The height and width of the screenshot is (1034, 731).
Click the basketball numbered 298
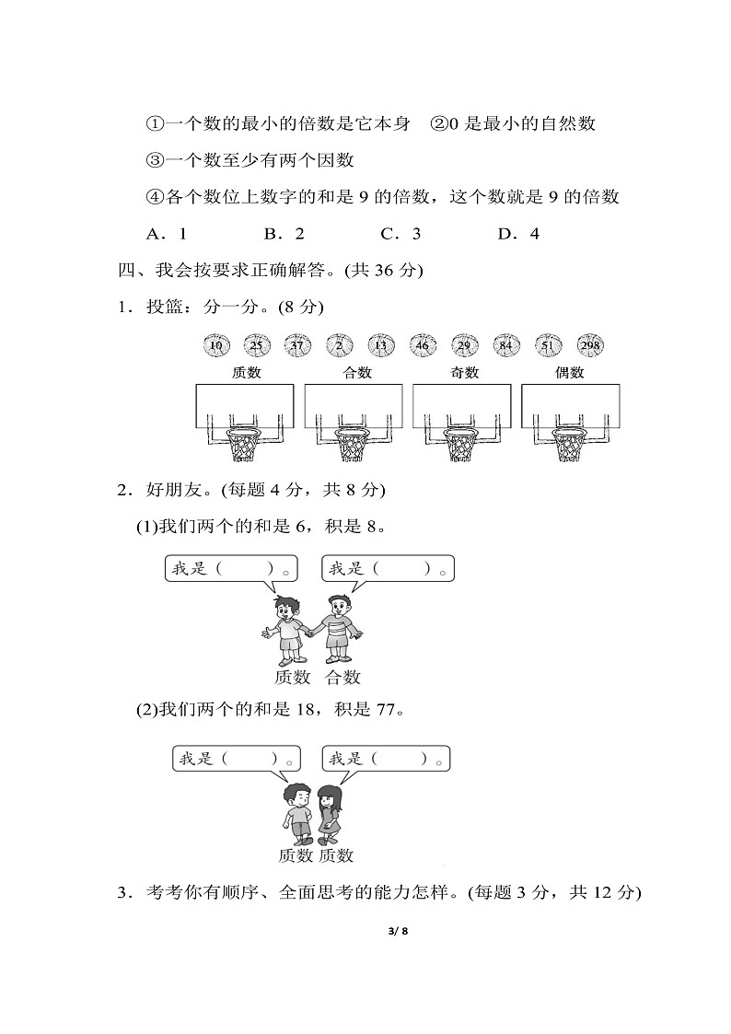pyautogui.click(x=591, y=345)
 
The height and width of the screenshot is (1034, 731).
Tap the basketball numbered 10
pyautogui.click(x=215, y=345)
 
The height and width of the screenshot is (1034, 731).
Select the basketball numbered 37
pyautogui.click(x=298, y=345)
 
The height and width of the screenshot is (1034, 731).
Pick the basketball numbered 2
pyautogui.click(x=340, y=345)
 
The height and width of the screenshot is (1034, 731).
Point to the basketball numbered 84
pyautogui.click(x=507, y=345)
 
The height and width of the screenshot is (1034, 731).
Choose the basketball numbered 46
pyautogui.click(x=424, y=345)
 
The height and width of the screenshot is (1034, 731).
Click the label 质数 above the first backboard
pyautogui.click(x=246, y=373)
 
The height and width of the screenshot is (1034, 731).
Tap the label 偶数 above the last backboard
pyautogui.click(x=570, y=373)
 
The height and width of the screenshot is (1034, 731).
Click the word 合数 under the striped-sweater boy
pyautogui.click(x=342, y=678)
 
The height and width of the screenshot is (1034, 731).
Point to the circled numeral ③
pyautogui.click(x=155, y=160)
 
